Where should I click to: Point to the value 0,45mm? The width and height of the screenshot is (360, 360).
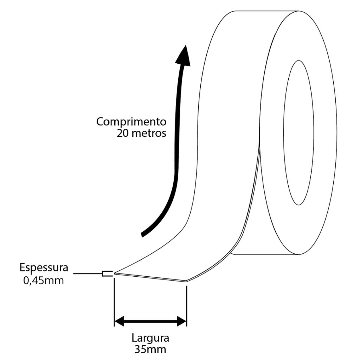pyautogui.click(x=44, y=281)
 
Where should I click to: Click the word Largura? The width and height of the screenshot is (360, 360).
pyautogui.click(x=150, y=339)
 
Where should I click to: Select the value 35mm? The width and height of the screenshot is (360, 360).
pyautogui.click(x=150, y=349)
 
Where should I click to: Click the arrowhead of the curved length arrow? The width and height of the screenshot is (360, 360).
pyautogui.click(x=184, y=56)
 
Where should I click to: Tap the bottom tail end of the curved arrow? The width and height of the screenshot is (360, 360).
pyautogui.click(x=142, y=235)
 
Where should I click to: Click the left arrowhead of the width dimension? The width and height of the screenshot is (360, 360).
pyautogui.click(x=119, y=321)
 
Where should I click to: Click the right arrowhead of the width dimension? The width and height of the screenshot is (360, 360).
pyautogui.click(x=182, y=321)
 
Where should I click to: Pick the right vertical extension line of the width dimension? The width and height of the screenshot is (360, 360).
pyautogui.click(x=187, y=306)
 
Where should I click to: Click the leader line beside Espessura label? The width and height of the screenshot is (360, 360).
pyautogui.click(x=88, y=274)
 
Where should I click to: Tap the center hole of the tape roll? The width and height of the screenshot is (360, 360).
pyautogui.click(x=298, y=133)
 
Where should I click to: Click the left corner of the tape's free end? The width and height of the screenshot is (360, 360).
pyautogui.click(x=115, y=274)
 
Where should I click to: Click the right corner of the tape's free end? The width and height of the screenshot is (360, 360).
pyautogui.click(x=186, y=281)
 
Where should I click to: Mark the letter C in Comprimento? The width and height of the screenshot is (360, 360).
pyautogui.click(x=100, y=122)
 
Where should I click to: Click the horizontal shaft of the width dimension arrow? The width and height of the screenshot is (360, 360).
pyautogui.click(x=150, y=321)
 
